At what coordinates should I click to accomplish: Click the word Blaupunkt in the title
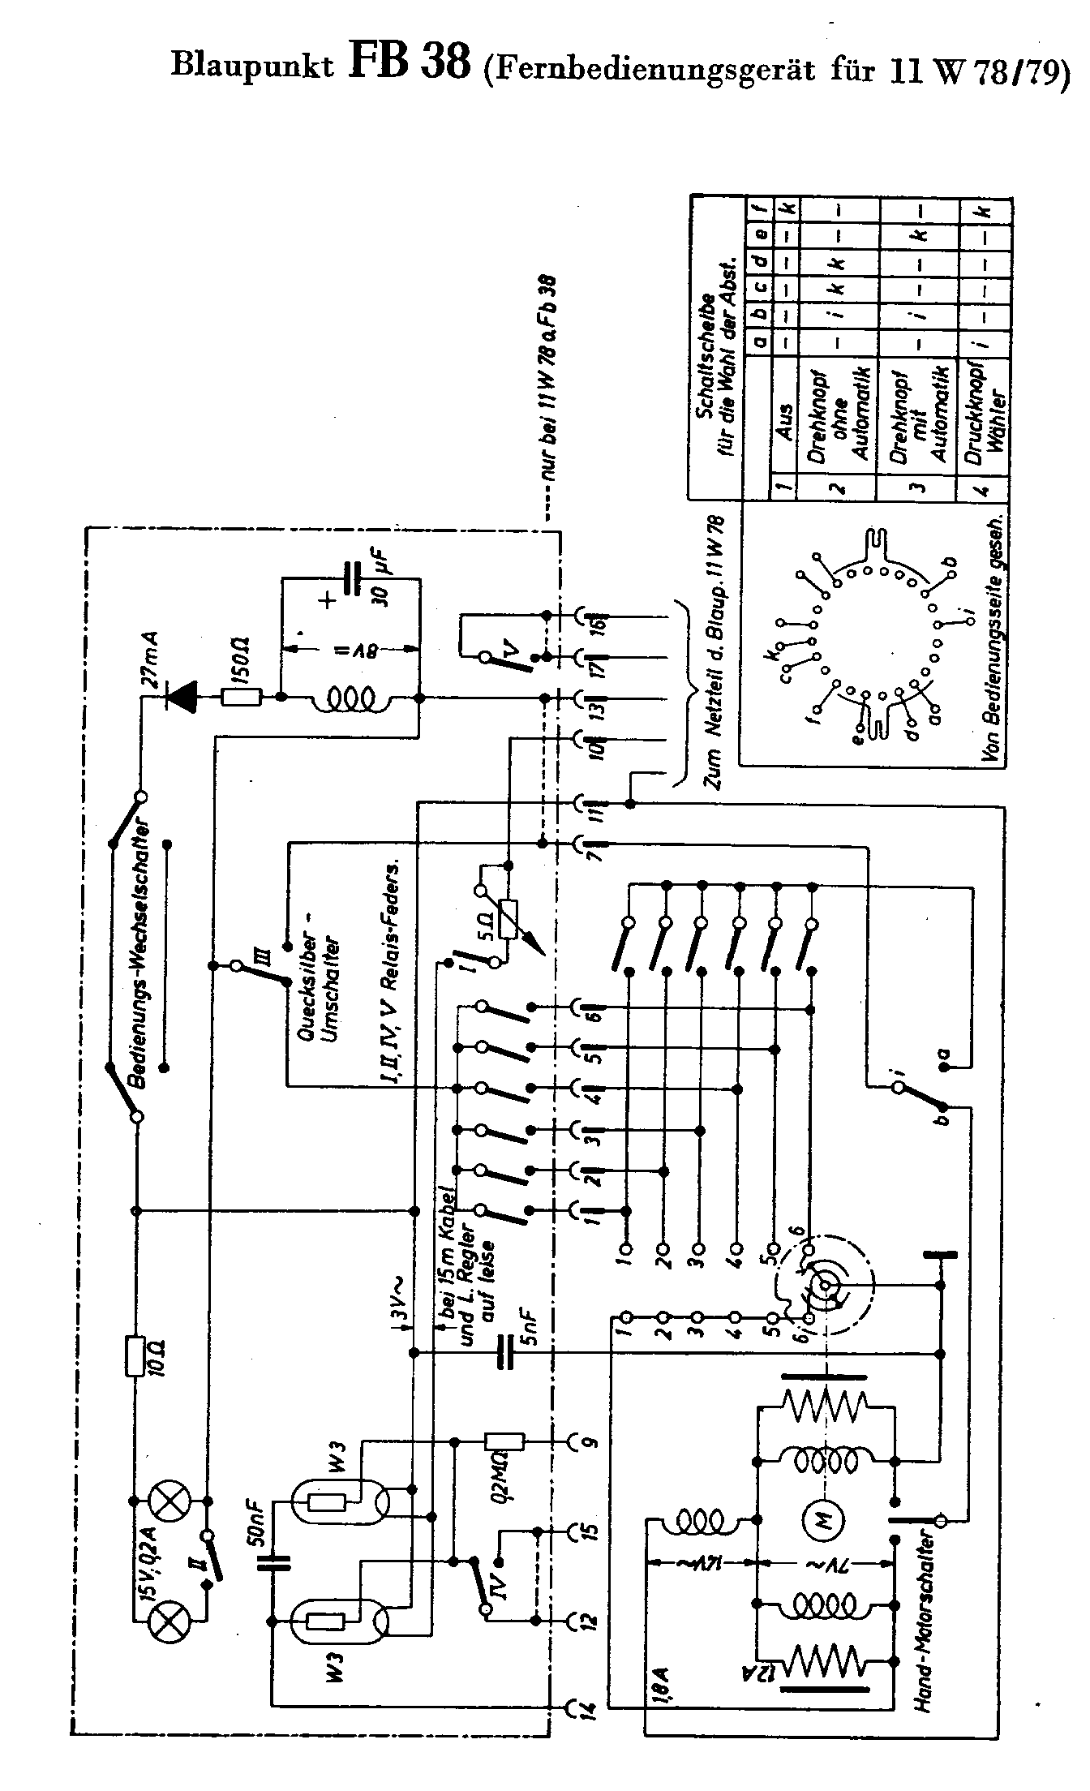click(x=252, y=67)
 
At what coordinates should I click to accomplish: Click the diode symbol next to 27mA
click(x=180, y=697)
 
